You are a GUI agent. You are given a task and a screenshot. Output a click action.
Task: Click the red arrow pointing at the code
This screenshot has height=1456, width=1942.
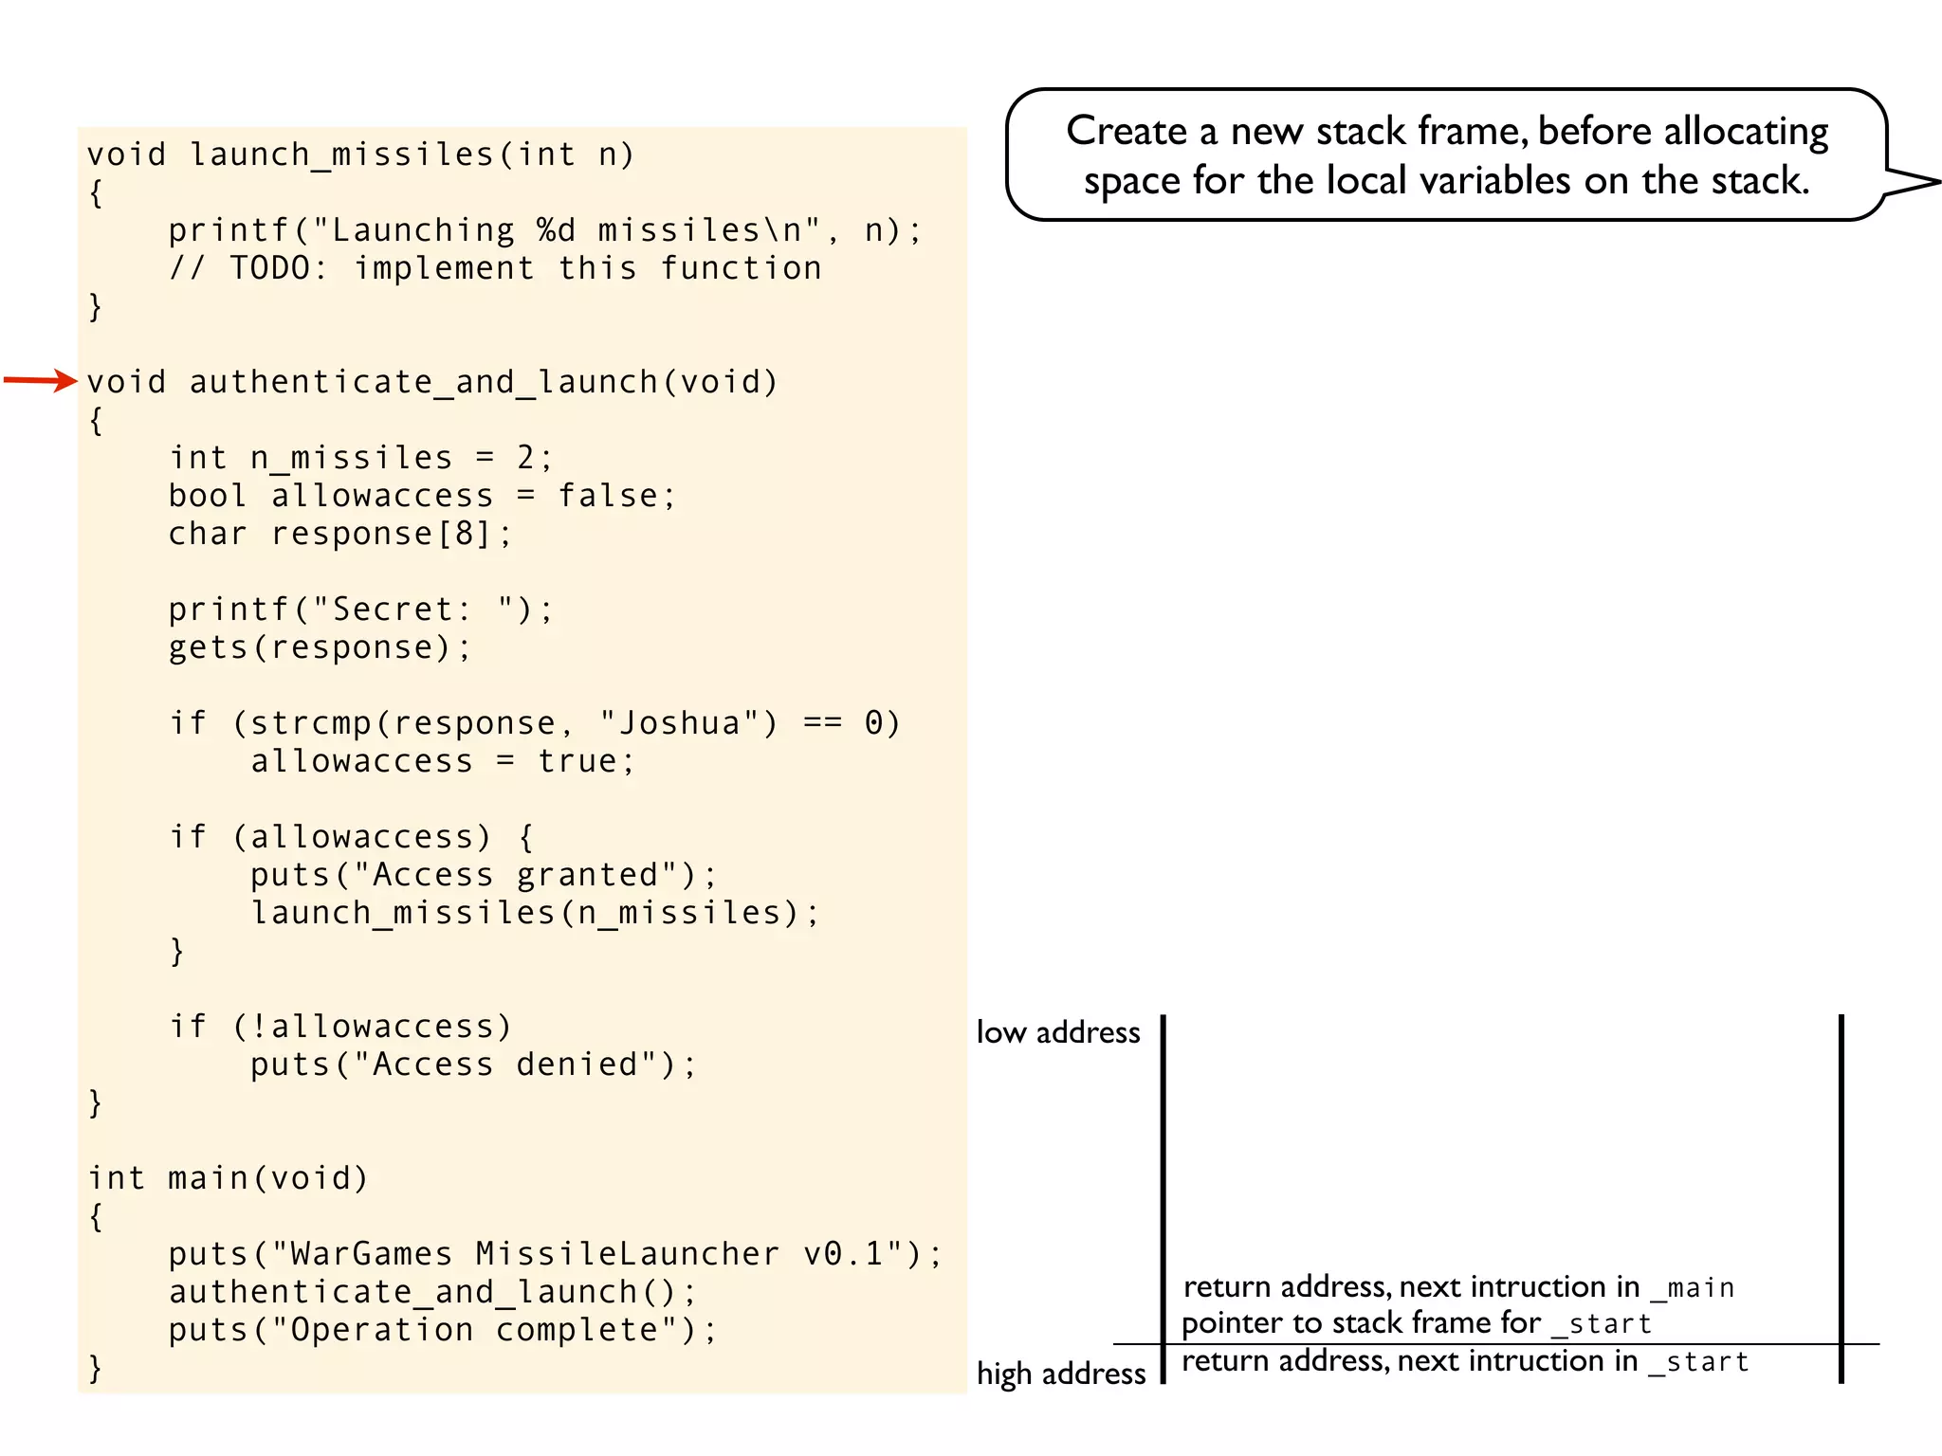pos(40,381)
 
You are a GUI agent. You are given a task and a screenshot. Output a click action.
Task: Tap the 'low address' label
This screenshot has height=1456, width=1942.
pos(1058,1032)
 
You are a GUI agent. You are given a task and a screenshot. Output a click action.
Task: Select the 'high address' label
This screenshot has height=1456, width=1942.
pos(1061,1374)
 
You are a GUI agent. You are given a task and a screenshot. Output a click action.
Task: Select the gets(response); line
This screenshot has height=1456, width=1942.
pos(320,647)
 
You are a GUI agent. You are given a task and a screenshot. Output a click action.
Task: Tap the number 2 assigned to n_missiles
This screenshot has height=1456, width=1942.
pos(526,458)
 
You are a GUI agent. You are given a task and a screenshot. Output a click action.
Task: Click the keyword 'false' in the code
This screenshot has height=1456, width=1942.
pos(608,496)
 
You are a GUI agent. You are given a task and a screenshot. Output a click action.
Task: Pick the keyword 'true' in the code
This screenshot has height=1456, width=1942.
pos(577,761)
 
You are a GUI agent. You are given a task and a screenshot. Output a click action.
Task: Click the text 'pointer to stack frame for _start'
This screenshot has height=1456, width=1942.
pos(1416,1323)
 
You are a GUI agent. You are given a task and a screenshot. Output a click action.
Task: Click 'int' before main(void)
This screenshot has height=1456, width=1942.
pos(117,1178)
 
